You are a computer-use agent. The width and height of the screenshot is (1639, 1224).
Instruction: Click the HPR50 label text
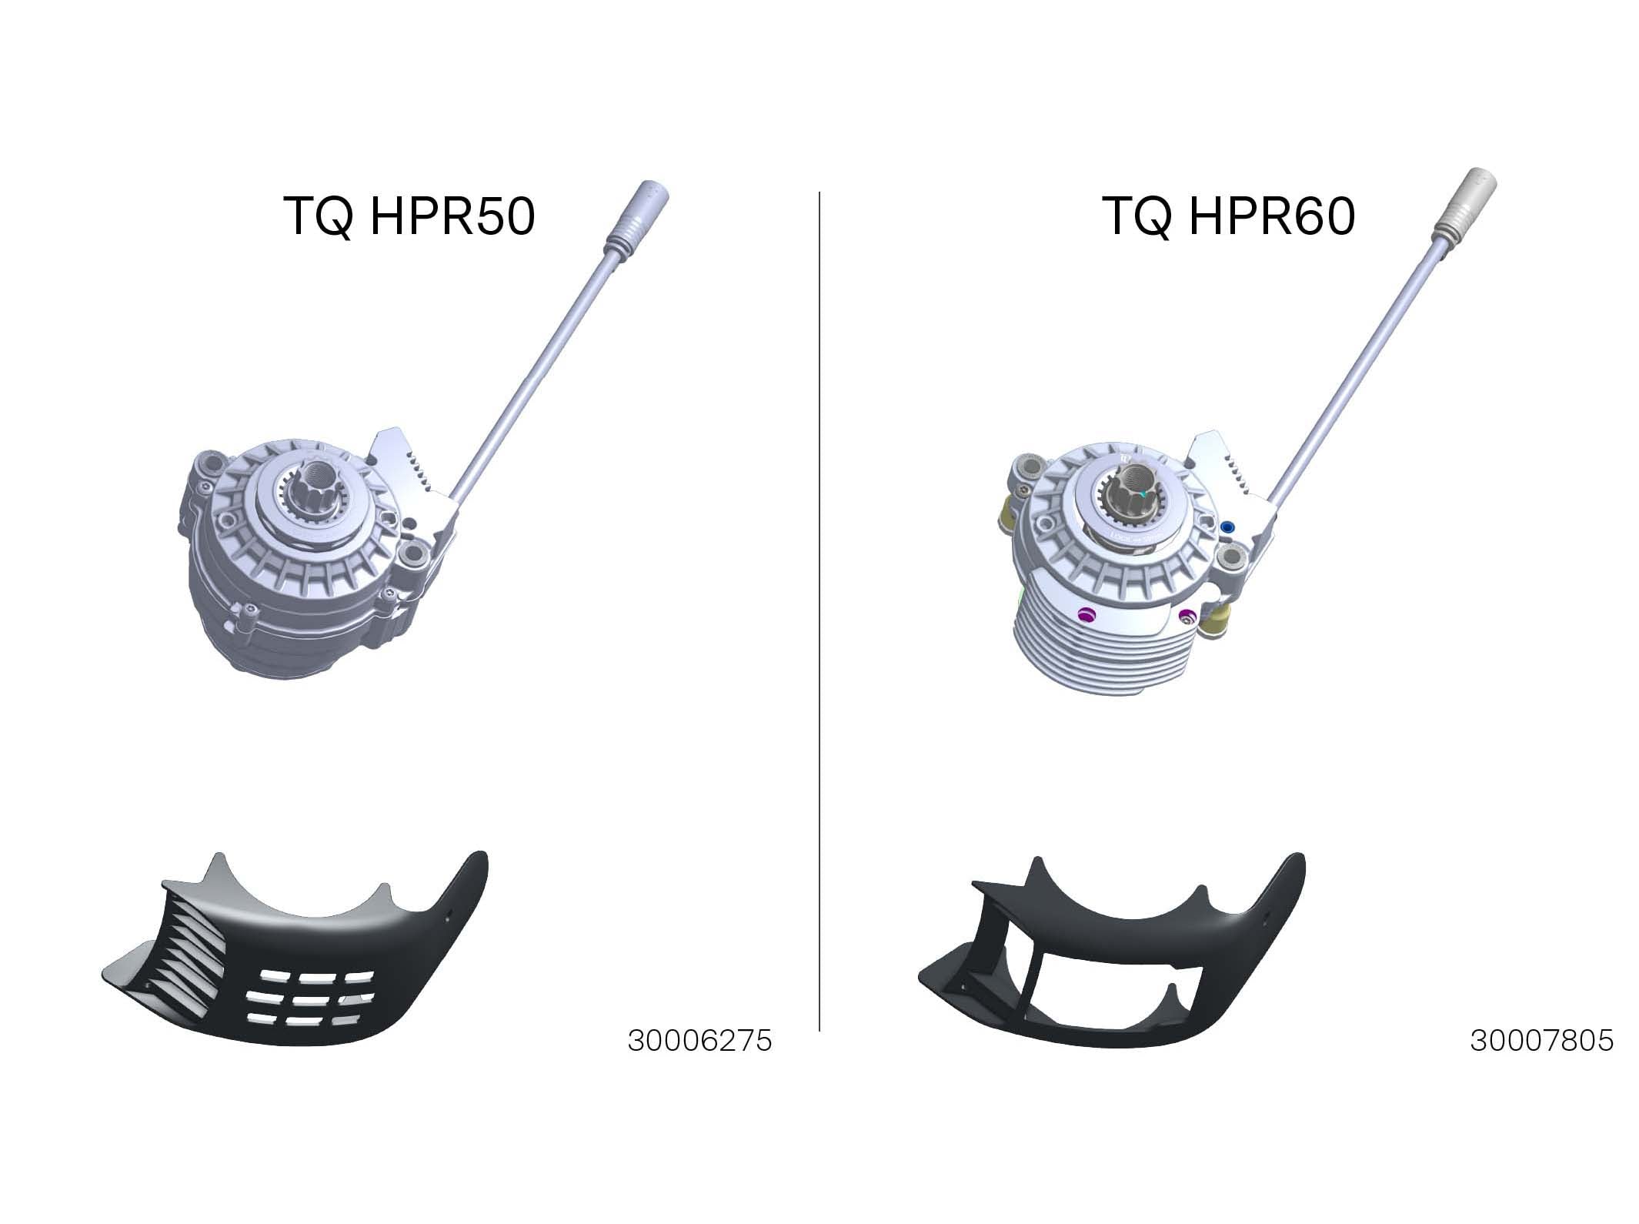[409, 216]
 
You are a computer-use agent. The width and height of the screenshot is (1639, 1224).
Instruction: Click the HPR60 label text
[1229, 216]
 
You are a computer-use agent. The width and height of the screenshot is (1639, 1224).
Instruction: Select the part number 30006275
[699, 1041]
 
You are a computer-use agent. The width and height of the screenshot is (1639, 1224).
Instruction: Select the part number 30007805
[1542, 1041]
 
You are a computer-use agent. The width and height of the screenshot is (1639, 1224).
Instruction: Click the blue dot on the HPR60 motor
[1227, 527]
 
